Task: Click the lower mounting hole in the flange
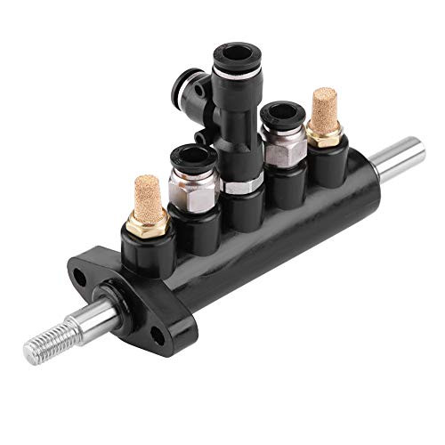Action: [x=158, y=335]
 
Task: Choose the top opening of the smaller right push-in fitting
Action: [x=280, y=113]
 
